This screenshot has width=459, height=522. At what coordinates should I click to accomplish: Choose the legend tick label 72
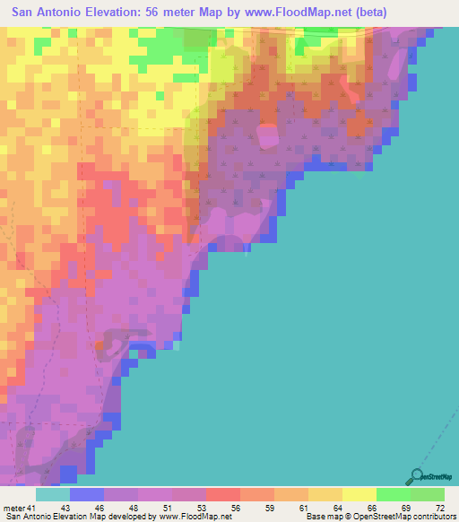439,509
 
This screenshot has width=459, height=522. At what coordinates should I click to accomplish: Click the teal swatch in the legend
53,494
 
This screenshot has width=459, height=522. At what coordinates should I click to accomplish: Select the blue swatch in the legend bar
87,494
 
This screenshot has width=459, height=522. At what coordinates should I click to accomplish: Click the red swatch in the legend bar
222,494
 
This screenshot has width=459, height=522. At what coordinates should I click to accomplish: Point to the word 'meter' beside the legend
13,509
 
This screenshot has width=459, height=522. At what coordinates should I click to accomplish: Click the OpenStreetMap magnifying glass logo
417,477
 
